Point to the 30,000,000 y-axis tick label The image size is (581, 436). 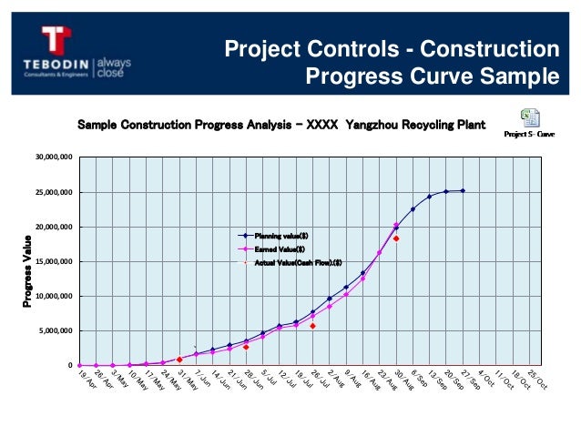pyautogui.click(x=52, y=157)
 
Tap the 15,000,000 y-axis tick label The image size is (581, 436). pyautogui.click(x=52, y=261)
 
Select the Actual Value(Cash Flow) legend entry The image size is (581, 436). pyautogui.click(x=296, y=262)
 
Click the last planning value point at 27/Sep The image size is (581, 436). pyautogui.click(x=463, y=191)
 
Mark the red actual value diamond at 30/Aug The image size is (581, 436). pyautogui.click(x=396, y=238)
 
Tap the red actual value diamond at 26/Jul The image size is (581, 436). pyautogui.click(x=312, y=325)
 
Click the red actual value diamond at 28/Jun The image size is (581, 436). pyautogui.click(x=246, y=347)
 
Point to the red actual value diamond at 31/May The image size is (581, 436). pyautogui.click(x=179, y=360)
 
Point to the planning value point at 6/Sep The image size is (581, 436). pyautogui.click(x=413, y=209)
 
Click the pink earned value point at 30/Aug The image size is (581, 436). pyautogui.click(x=396, y=225)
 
